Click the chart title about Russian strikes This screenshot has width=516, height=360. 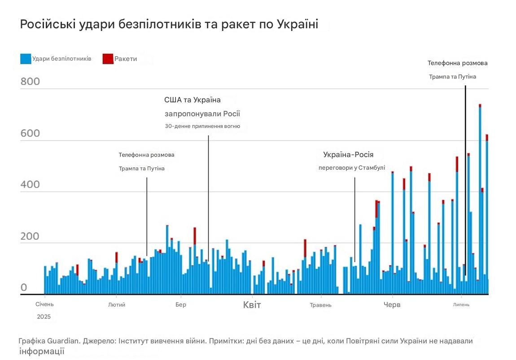[x=169, y=25]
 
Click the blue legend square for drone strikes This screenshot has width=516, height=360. [x=26, y=59]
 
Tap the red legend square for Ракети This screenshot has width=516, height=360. [x=108, y=59]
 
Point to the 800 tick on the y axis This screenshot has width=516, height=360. [x=30, y=82]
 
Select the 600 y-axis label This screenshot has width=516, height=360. [x=30, y=133]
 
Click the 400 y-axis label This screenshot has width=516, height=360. [x=30, y=185]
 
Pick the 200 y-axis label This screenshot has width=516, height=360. [x=30, y=237]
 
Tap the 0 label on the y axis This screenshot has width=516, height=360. [x=24, y=288]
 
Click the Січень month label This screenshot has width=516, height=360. [x=44, y=304]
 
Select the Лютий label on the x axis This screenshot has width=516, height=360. [x=117, y=305]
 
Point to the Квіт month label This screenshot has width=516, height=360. [x=252, y=305]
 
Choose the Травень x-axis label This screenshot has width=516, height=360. [x=321, y=305]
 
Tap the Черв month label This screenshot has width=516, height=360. [x=392, y=305]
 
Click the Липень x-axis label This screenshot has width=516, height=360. [x=461, y=305]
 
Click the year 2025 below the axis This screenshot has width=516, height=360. [x=44, y=316]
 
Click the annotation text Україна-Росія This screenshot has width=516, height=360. [x=348, y=155]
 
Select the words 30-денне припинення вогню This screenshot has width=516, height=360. [x=202, y=126]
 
